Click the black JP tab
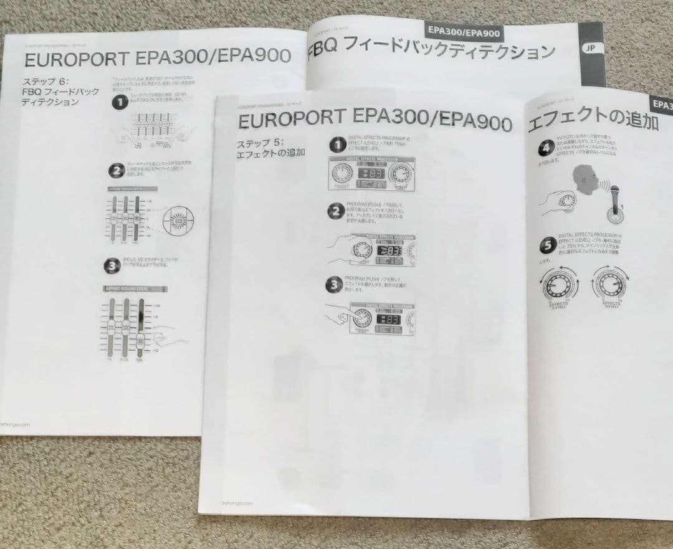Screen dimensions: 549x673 [590, 48]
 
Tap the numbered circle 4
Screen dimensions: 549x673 [546, 148]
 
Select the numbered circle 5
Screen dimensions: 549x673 [547, 245]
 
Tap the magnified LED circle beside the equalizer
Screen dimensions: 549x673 [178, 220]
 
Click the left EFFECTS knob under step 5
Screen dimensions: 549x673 [557, 285]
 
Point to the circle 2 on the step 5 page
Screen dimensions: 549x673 [336, 211]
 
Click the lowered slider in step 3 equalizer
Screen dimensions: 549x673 [140, 340]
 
